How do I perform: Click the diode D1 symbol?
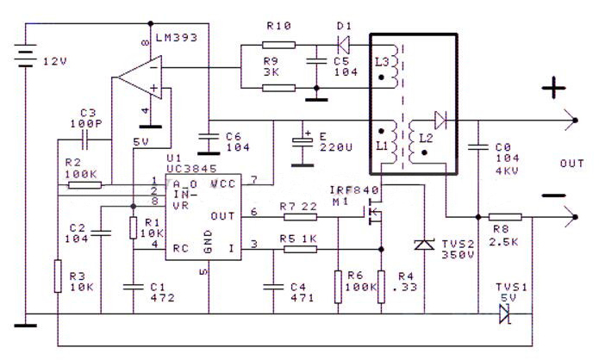coord(342,42)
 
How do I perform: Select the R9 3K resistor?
coord(278,87)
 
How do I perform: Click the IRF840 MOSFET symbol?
coord(374,210)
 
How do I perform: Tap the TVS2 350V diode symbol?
coord(423,245)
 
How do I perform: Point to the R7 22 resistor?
coord(298,217)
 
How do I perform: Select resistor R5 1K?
coord(299,249)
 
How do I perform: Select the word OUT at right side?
coord(571,164)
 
